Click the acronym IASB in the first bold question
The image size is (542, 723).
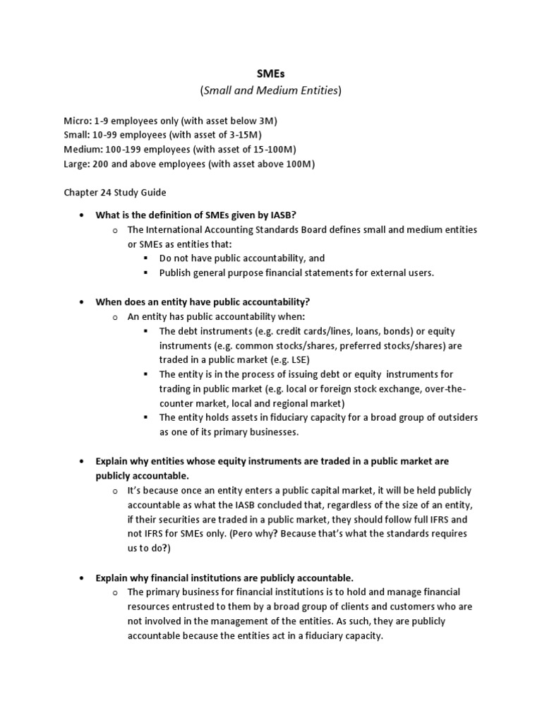coord(292,215)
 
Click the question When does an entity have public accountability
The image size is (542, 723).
coord(203,301)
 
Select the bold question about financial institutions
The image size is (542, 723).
coord(224,577)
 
